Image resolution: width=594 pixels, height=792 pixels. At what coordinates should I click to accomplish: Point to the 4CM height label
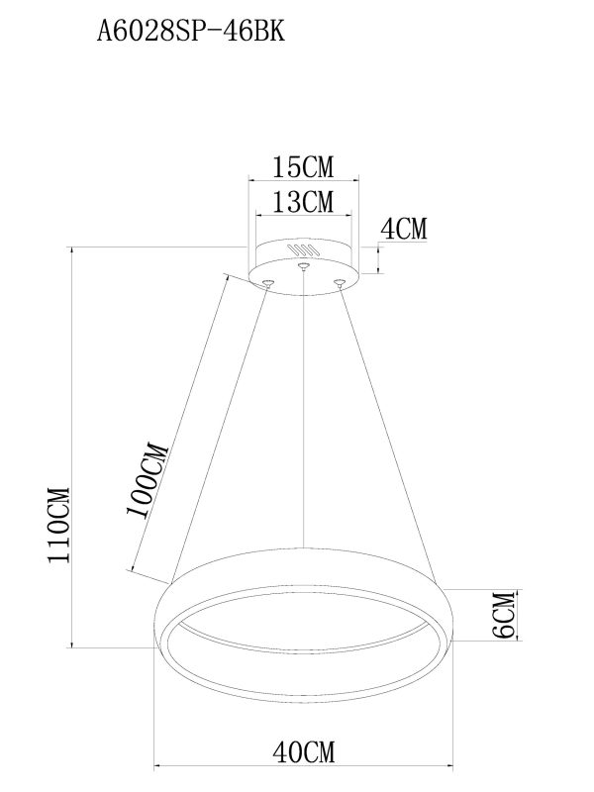(404, 230)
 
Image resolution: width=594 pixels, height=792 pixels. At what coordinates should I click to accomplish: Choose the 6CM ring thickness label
(502, 617)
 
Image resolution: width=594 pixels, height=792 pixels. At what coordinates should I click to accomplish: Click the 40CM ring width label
(303, 754)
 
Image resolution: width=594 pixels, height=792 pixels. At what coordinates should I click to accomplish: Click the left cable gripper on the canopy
(266, 283)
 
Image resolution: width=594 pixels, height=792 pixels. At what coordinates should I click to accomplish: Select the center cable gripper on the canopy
(304, 265)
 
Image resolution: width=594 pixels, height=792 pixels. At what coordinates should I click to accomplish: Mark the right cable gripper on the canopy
(340, 283)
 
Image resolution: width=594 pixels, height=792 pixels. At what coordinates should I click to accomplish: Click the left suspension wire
(223, 426)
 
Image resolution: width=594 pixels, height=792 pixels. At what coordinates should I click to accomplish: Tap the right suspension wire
(386, 426)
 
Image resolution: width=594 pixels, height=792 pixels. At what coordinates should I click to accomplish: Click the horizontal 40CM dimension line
(303, 767)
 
